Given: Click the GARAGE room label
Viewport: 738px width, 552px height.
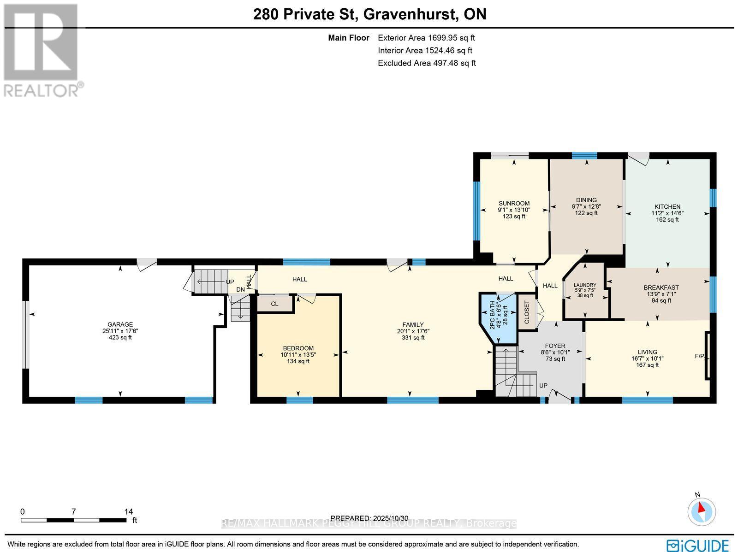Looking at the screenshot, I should [x=120, y=324].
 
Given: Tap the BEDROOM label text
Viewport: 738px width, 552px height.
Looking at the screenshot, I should [x=298, y=348].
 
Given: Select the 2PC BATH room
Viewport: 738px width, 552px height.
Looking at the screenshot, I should [x=498, y=318].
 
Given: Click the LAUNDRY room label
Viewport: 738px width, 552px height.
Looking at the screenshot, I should [x=585, y=285].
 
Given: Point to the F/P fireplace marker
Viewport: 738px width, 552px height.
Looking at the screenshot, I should [x=700, y=356].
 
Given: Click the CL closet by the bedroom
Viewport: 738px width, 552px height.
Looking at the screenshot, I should [x=274, y=304].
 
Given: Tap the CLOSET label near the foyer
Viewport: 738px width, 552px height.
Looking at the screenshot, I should [x=527, y=312].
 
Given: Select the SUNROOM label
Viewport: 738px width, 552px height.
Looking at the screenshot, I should [x=514, y=203].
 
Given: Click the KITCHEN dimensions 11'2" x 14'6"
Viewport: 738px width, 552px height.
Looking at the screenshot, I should [x=667, y=213].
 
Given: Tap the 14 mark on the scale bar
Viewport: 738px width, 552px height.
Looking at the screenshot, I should [x=128, y=511].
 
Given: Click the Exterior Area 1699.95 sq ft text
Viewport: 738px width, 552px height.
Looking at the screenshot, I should [x=426, y=38].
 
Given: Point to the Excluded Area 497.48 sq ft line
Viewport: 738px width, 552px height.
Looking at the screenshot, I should [x=426, y=63].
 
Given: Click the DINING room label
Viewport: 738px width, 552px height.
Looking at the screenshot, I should [x=586, y=200].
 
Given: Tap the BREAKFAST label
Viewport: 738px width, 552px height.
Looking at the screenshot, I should [x=661, y=288].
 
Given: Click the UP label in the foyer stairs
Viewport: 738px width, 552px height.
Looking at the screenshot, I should [x=543, y=385].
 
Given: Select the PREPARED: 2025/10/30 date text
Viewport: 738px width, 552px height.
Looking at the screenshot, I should [x=369, y=518].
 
